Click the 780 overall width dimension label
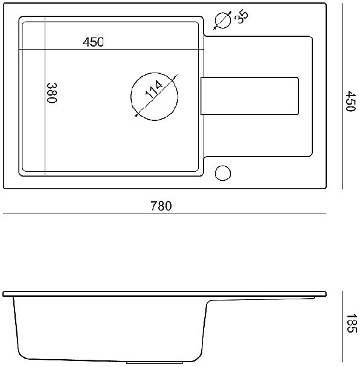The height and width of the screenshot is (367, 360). pos(161,206)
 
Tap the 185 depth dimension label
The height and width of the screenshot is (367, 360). pos(351,323)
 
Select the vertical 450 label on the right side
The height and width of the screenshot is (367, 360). pos(351,102)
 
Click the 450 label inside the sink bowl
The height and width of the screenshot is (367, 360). pos(93,42)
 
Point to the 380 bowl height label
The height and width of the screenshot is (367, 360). pos(52,93)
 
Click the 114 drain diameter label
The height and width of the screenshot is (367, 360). pos(154,89)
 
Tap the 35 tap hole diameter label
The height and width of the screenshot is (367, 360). pos(242,17)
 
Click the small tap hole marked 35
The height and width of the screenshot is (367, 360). pos(223,21)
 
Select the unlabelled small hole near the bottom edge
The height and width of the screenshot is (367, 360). pos(223,173)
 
